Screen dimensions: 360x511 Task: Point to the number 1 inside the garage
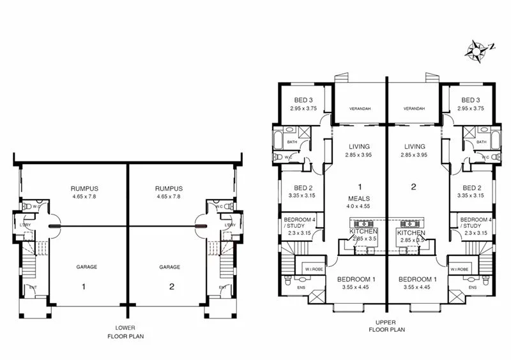pos(83,287)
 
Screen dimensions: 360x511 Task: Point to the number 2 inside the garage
pos(172,287)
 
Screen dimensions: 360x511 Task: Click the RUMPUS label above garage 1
pos(84,188)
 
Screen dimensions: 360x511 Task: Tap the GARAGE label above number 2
pos(170,267)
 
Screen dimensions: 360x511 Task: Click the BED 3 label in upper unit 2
pos(471,100)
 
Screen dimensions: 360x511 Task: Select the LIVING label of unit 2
pos(415,146)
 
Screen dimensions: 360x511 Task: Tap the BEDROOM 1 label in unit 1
pos(356,280)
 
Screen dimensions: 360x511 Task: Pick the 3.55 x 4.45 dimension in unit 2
pos(418,289)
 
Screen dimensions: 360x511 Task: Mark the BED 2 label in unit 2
pos(471,188)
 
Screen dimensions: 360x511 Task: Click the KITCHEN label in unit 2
pos(411,233)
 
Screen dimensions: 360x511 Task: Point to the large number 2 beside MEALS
pos(413,188)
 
